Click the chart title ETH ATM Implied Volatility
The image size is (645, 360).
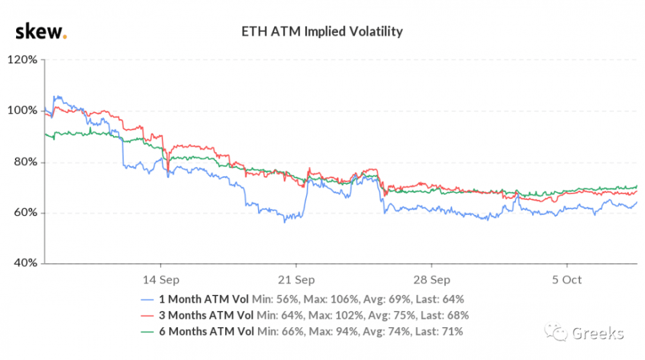point(322,31)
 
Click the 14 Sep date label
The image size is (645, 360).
point(161,280)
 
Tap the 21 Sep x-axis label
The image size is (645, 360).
point(296,280)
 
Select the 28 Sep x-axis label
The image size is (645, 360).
point(432,280)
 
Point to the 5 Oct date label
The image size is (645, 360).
point(566,280)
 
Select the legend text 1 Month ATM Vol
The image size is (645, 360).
point(205,299)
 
